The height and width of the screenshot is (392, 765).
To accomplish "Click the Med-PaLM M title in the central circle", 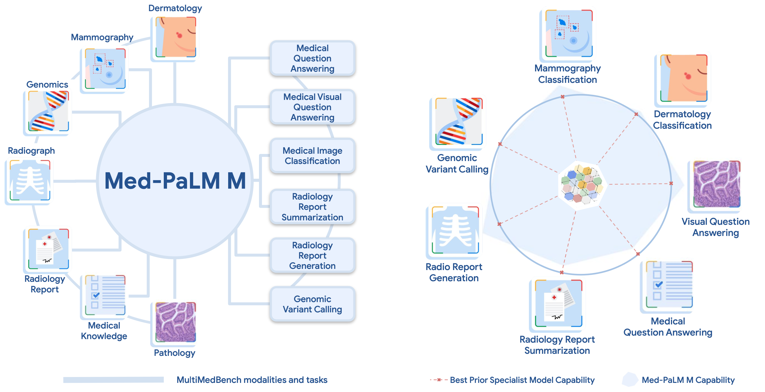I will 175,181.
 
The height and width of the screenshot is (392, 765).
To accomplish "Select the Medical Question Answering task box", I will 312,58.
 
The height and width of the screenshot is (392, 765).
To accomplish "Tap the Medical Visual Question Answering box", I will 312,107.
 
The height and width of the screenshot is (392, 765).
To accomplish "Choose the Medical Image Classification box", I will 312,156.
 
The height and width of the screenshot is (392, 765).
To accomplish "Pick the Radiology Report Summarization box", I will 312,207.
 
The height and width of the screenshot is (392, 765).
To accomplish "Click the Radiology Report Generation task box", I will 312,255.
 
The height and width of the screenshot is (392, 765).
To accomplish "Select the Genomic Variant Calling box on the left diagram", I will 312,304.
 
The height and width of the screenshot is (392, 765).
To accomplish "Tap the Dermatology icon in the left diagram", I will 176,37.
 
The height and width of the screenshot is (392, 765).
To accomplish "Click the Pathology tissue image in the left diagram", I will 176,322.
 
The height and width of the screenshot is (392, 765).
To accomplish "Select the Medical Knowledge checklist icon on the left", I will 105,295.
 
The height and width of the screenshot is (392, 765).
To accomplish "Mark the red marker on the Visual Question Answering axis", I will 671,183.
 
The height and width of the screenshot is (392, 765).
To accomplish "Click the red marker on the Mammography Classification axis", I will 562,97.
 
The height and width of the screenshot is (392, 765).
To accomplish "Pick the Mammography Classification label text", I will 567,74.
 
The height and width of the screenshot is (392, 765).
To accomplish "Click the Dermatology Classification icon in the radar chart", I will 683,78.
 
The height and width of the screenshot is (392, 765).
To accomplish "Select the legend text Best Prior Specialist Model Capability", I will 522,380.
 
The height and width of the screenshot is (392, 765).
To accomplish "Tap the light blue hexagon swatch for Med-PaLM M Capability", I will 630,380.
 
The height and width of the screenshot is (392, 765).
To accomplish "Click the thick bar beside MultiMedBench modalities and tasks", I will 113,380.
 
